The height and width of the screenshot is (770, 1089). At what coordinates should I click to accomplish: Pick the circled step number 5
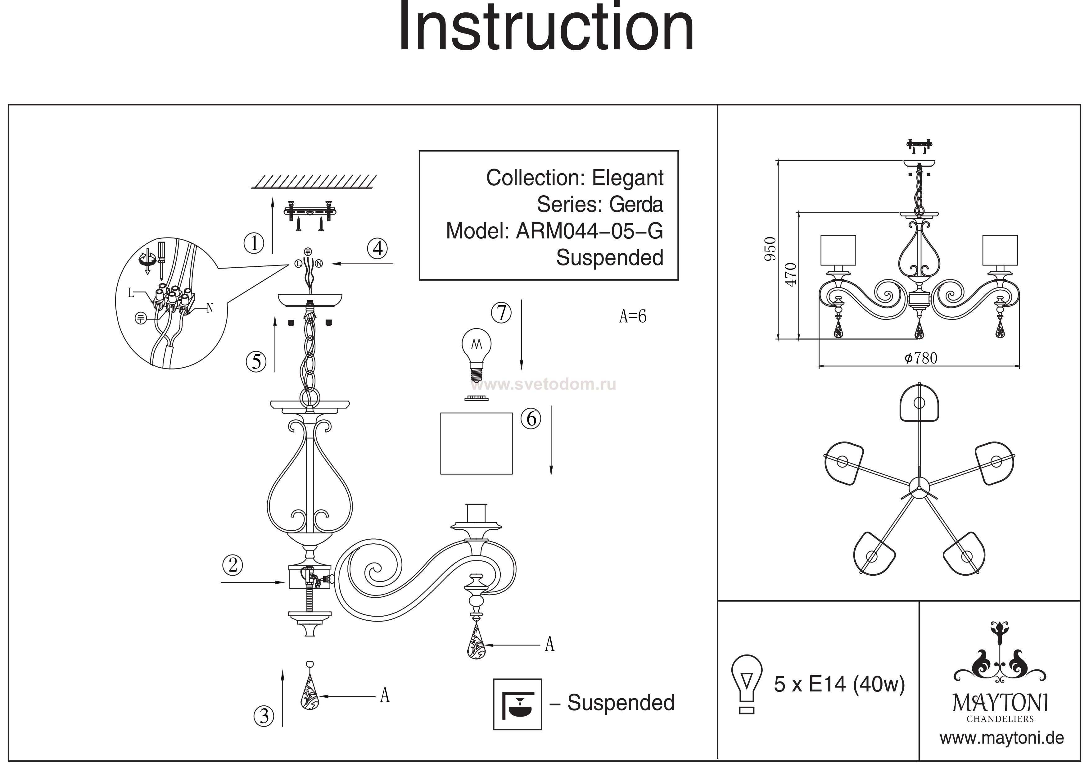tap(256, 362)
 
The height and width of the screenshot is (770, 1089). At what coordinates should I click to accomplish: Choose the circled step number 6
tap(531, 419)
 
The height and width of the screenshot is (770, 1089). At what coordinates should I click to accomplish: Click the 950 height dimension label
tap(770, 249)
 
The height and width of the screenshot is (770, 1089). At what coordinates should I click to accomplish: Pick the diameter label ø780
tap(921, 358)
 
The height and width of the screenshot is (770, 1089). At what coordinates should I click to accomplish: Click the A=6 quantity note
tap(632, 316)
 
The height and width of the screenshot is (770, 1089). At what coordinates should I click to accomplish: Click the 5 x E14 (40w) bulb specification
tap(839, 684)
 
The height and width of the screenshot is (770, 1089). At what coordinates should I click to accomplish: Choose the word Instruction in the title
tap(545, 28)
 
